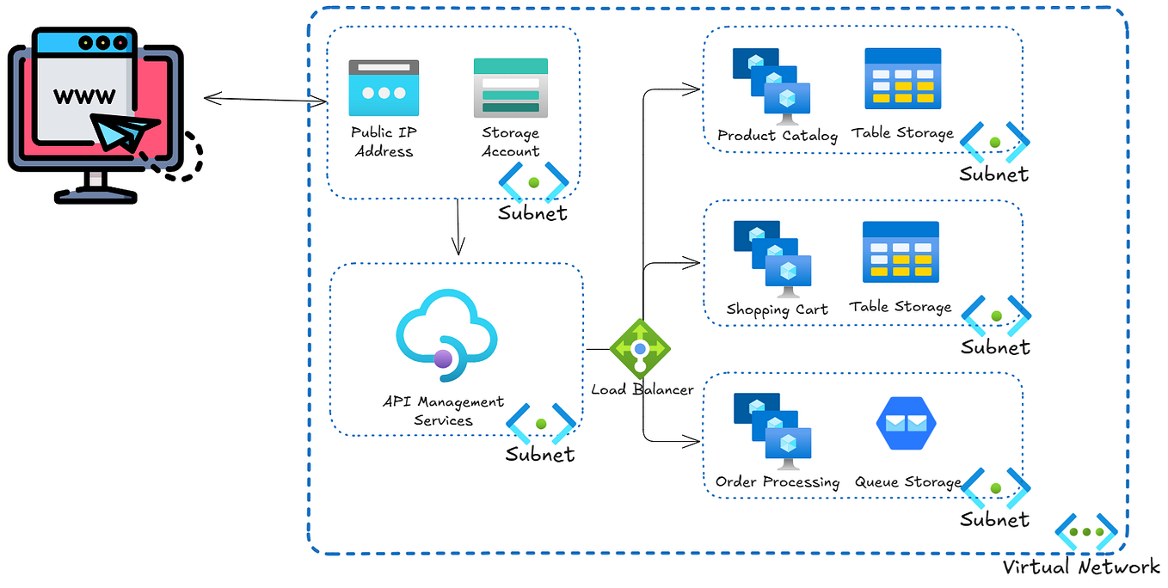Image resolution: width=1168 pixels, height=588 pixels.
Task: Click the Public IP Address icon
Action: pos(384,88)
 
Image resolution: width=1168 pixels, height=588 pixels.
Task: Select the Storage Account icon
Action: pos(510,88)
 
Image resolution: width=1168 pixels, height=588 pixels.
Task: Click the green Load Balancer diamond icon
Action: pos(640,348)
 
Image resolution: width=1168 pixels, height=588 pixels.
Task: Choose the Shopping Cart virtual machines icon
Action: pos(771,259)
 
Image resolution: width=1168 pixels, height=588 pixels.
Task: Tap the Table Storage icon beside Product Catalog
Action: pos(902,79)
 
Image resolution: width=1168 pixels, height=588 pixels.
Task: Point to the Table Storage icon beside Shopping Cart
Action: pos(901,253)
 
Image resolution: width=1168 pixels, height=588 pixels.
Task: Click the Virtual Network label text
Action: pos(1081,567)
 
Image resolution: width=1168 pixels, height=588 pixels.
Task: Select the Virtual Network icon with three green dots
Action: pos(1085,532)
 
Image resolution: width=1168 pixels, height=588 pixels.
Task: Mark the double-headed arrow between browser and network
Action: pos(265,100)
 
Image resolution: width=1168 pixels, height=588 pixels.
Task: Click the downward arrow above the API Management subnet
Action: pos(458,227)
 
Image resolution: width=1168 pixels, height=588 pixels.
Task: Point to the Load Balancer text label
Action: pos(642,389)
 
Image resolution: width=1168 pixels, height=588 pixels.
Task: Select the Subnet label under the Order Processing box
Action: pos(994,520)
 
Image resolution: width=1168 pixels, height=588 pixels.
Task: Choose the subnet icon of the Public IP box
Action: pos(534,181)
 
